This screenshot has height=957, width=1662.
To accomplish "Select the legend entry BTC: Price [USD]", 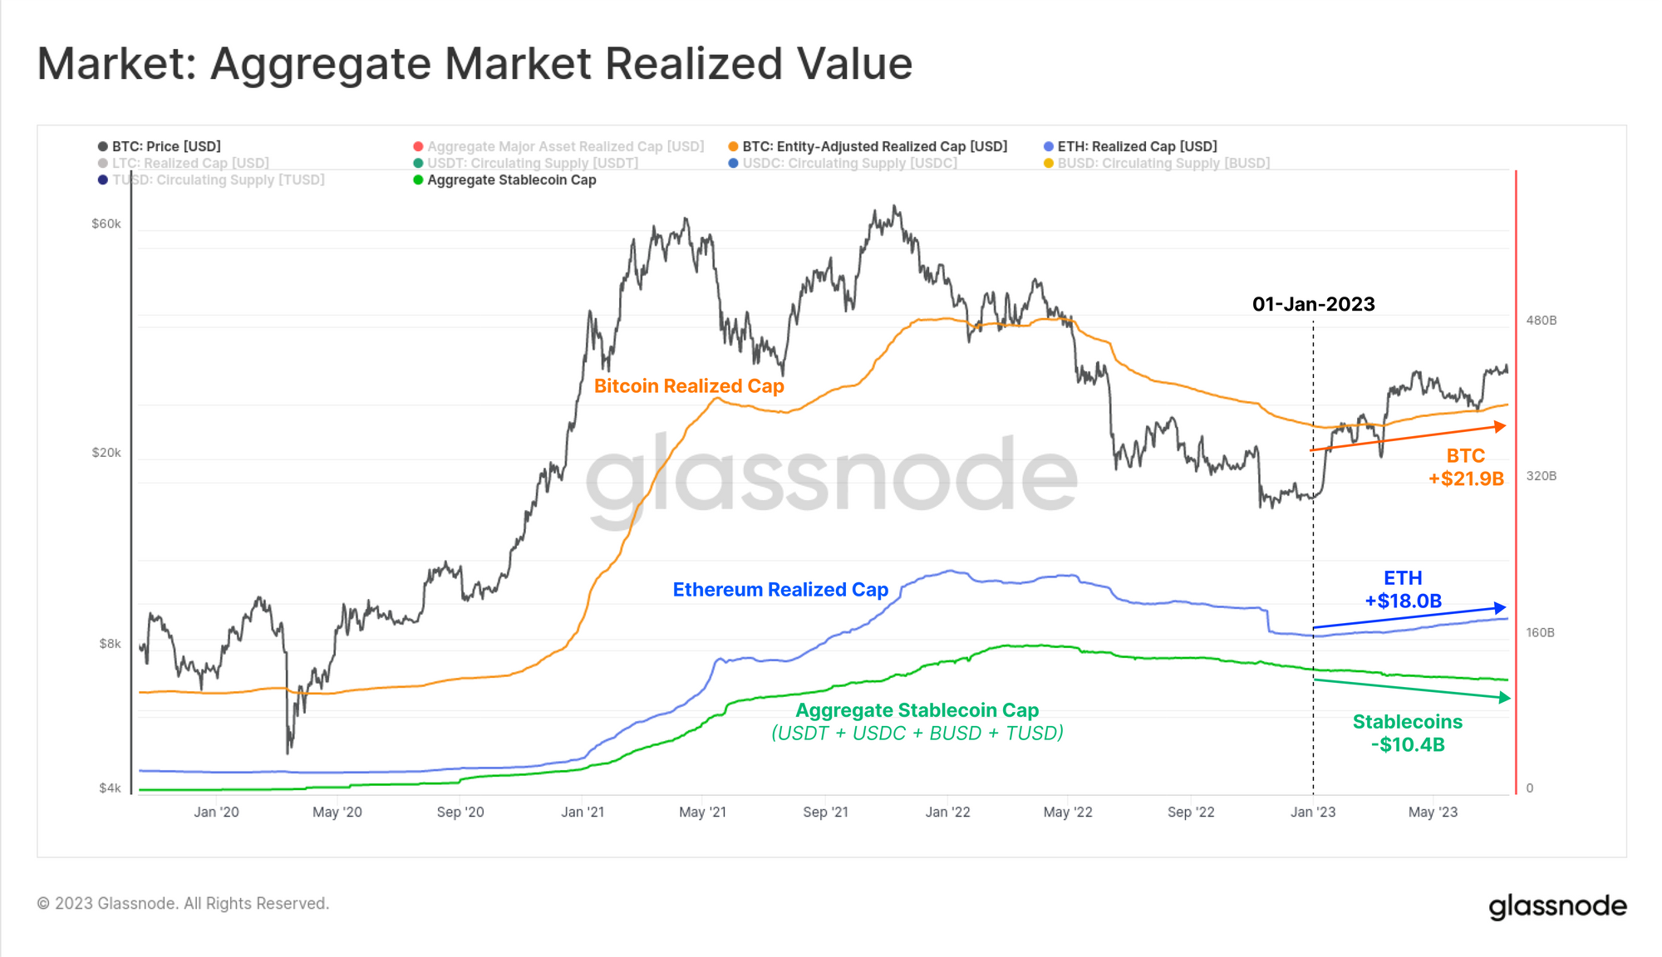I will pos(165,146).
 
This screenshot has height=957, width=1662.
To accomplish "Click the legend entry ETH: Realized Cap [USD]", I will pos(1136,146).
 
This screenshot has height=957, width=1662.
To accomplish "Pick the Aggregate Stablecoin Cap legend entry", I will pos(511,180).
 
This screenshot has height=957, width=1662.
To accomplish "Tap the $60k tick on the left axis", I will pos(106,223).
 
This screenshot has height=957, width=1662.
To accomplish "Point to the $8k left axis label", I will pos(110,644).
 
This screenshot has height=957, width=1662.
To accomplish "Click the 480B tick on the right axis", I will pos(1542,321).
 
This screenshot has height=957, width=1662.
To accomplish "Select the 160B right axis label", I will pos(1540,633).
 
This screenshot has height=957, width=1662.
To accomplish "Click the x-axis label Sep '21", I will pos(825,812).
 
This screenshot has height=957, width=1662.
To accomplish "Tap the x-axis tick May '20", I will pos(337,812).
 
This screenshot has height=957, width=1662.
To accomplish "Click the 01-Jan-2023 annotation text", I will pos(1313,304).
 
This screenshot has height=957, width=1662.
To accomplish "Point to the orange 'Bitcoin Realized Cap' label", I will pos(689,386).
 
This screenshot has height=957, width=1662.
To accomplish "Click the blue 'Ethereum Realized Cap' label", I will pos(780,590).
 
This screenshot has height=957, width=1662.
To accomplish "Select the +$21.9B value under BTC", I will pos(1466,479).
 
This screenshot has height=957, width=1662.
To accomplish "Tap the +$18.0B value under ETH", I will pos(1403,601).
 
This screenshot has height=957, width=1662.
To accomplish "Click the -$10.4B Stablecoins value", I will pos(1408,745).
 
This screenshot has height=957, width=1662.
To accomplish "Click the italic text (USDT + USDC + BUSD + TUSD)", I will pos(917,734).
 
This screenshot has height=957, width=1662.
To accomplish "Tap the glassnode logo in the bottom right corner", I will pos(1557,906).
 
